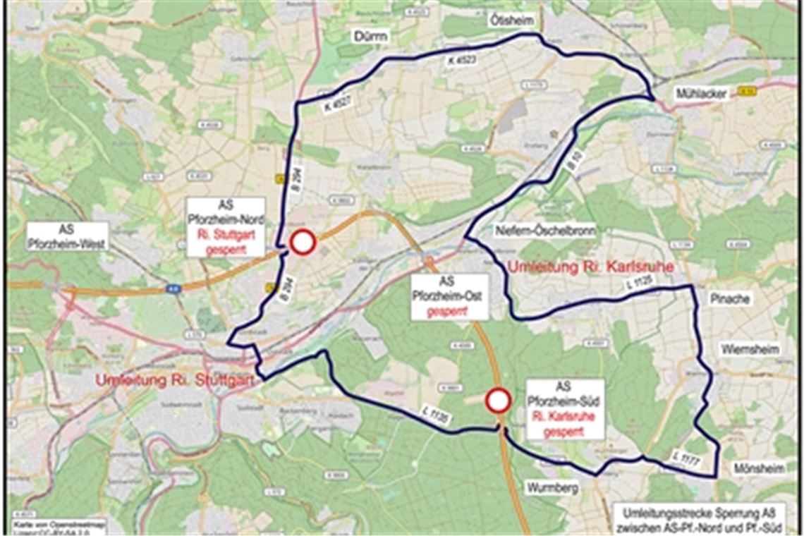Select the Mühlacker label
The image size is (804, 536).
(x=702, y=94)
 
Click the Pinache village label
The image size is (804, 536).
(x=730, y=299)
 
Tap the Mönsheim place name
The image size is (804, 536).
(x=758, y=468)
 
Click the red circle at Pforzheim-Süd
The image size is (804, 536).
(x=498, y=401)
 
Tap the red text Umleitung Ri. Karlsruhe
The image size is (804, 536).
(x=590, y=267)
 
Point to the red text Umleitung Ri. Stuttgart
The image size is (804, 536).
(x=175, y=381)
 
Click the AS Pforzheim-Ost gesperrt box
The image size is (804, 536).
(x=447, y=297)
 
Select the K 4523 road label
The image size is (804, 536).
(x=461, y=61)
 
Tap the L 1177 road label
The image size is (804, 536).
(x=685, y=458)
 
